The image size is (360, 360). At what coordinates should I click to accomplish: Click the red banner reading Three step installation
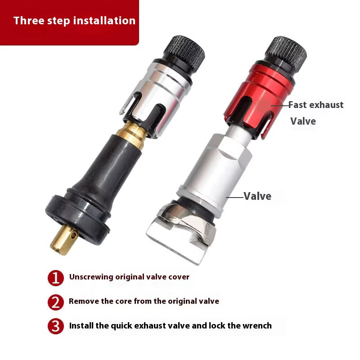tap(69, 22)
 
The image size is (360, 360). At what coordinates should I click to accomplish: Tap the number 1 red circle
tap(55, 278)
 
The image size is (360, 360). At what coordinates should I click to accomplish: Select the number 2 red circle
tap(55, 302)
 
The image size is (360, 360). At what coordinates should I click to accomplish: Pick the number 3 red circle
tap(55, 326)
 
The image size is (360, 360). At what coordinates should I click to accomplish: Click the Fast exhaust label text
tap(316, 105)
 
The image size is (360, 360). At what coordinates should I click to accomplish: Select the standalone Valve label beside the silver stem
tap(257, 196)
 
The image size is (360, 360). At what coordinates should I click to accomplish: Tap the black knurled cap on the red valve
tap(286, 53)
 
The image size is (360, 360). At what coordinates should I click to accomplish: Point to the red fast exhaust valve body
tap(258, 101)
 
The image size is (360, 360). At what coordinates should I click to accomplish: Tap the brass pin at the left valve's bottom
tap(64, 240)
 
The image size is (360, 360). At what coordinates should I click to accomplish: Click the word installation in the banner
tap(104, 20)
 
